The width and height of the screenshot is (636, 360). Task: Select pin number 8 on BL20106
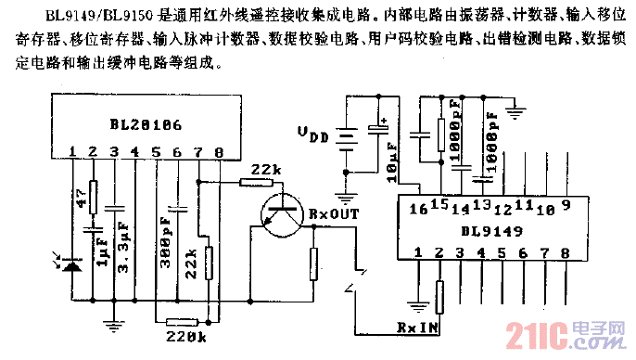coord(219,151)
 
